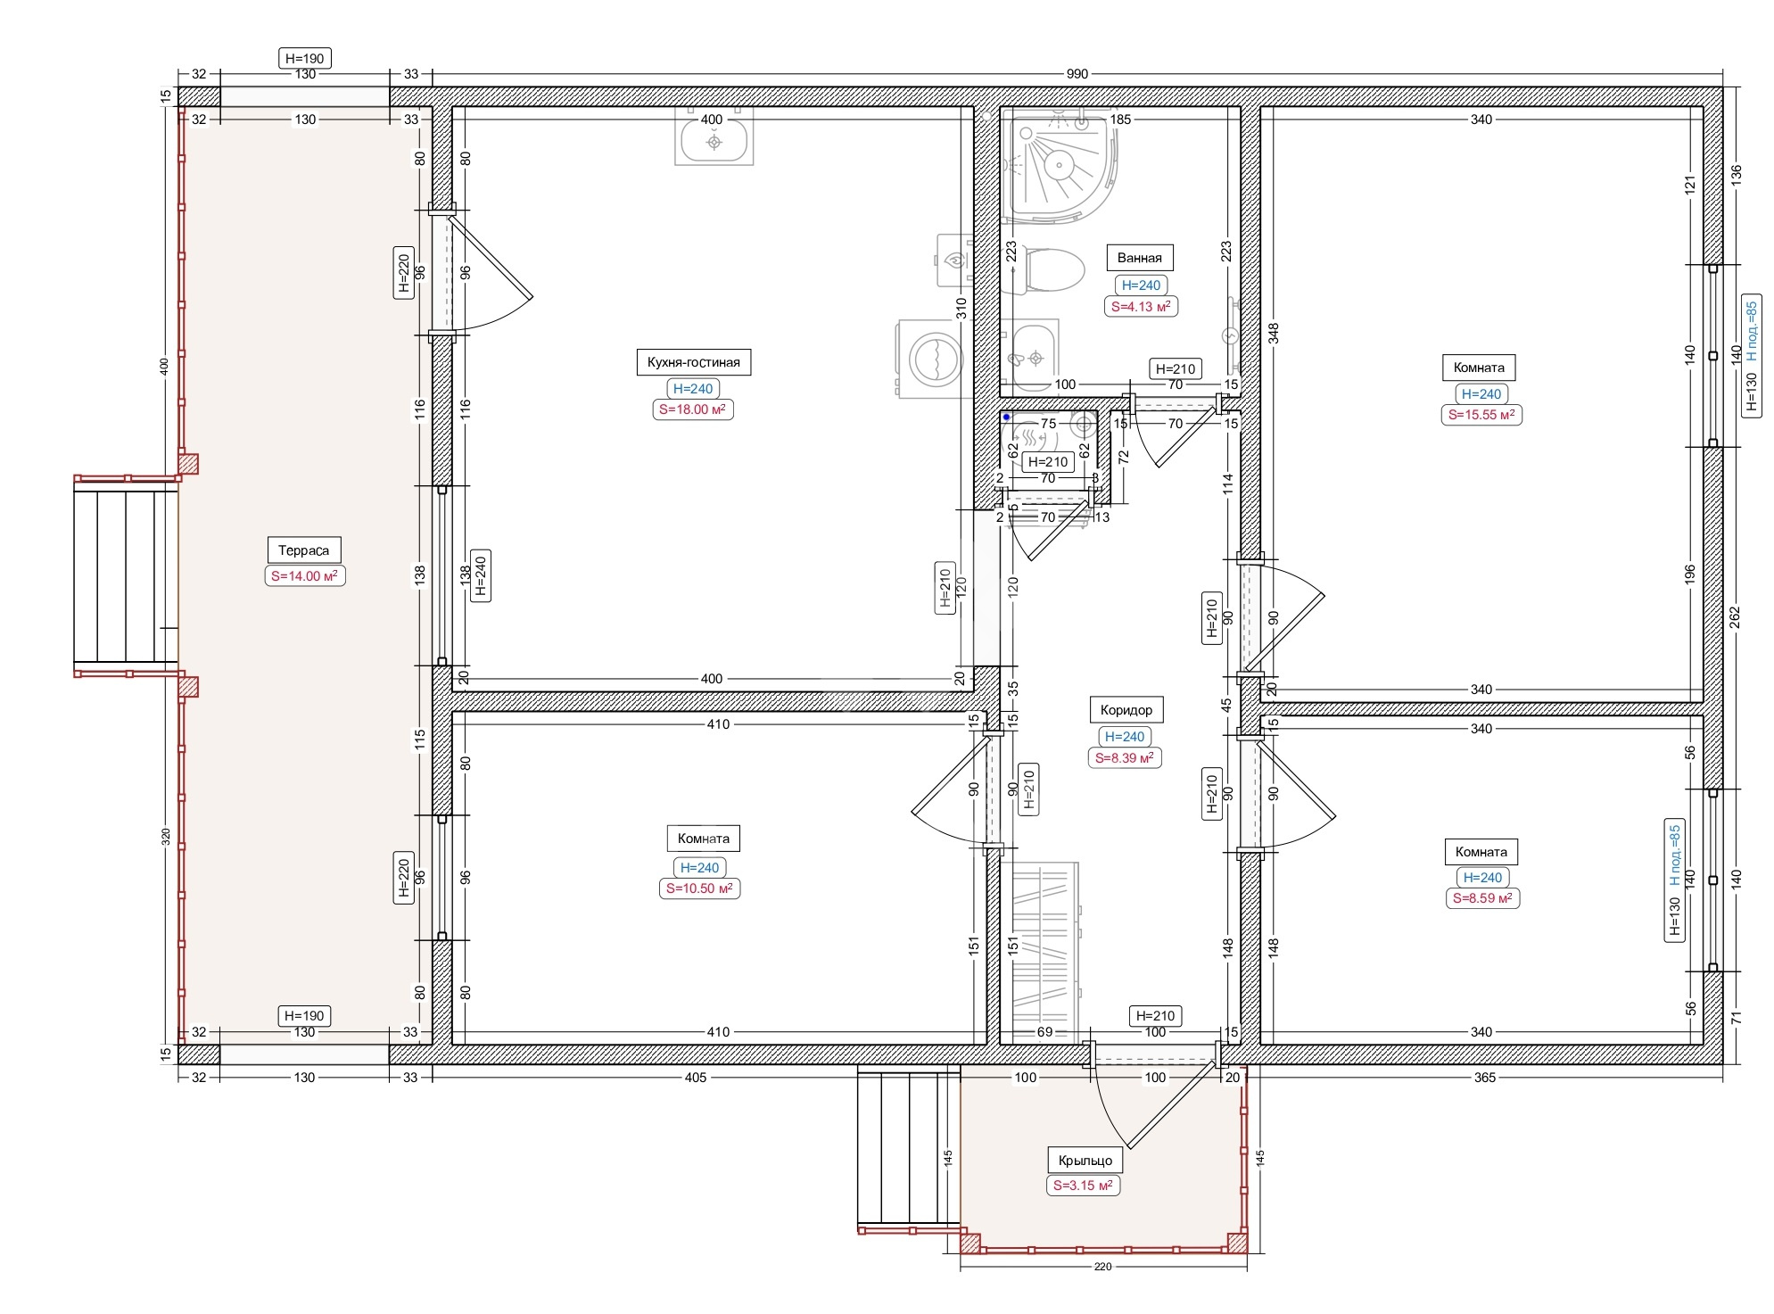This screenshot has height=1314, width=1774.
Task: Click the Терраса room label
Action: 303,550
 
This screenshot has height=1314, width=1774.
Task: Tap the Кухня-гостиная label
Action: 693,362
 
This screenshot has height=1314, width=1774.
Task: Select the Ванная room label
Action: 1139,258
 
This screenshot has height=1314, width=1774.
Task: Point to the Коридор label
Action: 1126,710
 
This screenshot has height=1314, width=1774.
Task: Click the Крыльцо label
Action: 1085,1161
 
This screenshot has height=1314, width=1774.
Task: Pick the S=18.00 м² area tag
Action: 692,409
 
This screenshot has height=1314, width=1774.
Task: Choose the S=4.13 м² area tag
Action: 1140,306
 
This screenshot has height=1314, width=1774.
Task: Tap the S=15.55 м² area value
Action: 1481,415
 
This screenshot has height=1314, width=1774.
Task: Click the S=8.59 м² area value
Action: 1482,898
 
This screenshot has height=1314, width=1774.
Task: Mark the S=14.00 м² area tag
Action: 304,576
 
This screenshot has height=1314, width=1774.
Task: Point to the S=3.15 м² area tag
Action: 1083,1186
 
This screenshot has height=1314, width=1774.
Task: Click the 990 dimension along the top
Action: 1077,74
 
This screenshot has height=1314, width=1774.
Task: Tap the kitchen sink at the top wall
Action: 714,136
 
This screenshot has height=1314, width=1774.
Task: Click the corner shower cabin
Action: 1057,165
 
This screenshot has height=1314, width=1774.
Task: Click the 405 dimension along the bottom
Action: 696,1078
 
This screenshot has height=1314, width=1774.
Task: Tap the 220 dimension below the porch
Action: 1102,1267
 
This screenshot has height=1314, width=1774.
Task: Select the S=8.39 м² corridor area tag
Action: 1125,758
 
